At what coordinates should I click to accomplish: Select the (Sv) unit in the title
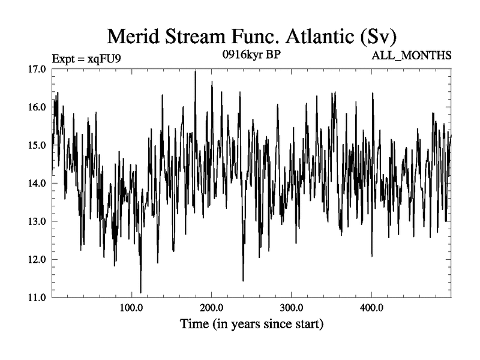point(378,37)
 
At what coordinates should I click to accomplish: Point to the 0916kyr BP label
point(251,55)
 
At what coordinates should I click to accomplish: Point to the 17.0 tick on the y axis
point(36,69)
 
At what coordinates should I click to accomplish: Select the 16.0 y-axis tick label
point(36,107)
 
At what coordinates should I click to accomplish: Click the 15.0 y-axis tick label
point(36,145)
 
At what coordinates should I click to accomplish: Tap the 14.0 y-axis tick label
point(36,184)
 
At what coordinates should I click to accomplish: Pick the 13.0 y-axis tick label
point(36,221)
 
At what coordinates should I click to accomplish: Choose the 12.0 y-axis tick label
point(36,260)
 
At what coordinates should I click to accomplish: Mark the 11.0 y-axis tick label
point(36,298)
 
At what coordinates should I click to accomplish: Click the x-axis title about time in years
point(252,325)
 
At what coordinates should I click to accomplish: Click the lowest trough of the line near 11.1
point(140,292)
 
